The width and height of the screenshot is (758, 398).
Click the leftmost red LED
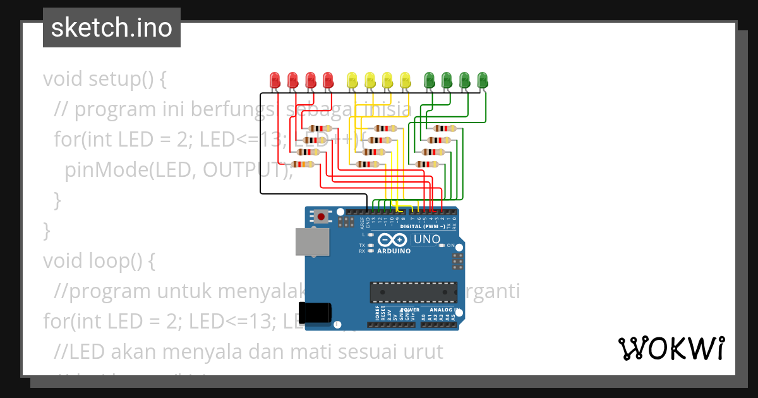click(275, 80)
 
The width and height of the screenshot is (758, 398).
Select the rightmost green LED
click(483, 80)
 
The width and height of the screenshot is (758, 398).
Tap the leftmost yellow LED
click(352, 80)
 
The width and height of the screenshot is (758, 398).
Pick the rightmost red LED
click(328, 80)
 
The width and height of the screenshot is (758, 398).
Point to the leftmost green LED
click(430, 80)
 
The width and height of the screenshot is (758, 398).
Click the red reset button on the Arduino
click(322, 217)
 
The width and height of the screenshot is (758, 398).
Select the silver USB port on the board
click(311, 242)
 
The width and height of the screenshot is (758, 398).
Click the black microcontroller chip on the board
click(414, 292)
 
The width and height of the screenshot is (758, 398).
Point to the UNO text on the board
click(426, 239)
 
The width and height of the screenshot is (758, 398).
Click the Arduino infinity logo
click(394, 240)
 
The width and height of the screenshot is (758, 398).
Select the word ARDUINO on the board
click(394, 251)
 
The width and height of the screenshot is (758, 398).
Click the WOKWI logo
click(671, 348)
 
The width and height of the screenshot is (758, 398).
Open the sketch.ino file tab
click(111, 28)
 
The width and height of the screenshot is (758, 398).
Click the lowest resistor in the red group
click(304, 164)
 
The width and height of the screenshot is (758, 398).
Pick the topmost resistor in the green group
click(445, 128)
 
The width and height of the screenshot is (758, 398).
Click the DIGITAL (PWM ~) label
click(423, 226)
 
